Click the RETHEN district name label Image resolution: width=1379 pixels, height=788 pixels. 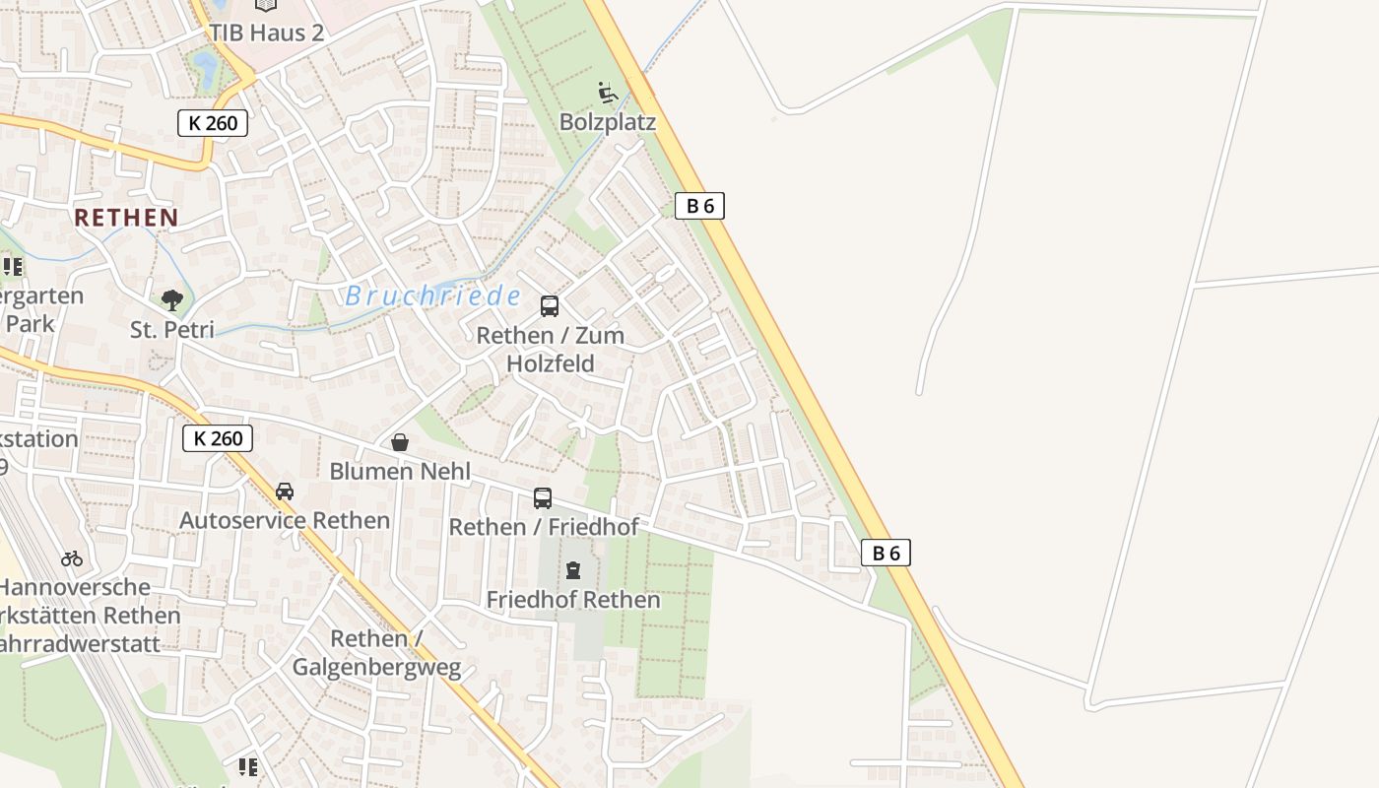click(127, 218)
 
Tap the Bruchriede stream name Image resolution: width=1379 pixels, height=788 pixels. click(433, 295)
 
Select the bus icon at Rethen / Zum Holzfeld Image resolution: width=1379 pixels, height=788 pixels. click(550, 306)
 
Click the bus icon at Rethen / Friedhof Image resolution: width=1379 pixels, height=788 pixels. click(543, 498)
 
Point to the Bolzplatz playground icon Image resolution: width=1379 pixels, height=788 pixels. click(608, 94)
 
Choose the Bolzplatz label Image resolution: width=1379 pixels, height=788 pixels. click(608, 122)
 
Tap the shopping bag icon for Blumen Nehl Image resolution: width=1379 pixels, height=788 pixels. click(400, 443)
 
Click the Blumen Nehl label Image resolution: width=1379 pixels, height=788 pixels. click(400, 471)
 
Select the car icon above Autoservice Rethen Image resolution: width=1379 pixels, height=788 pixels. click(285, 492)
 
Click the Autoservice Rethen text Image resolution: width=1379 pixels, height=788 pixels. click(285, 520)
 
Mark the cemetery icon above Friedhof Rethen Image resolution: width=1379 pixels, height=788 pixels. click(573, 570)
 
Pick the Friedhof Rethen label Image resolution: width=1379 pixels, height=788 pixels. click(573, 599)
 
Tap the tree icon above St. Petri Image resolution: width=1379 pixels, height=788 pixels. click(172, 300)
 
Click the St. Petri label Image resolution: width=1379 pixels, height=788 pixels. click(172, 329)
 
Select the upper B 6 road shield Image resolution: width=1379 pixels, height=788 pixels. click(699, 206)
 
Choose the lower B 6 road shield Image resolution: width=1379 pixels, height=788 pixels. click(886, 553)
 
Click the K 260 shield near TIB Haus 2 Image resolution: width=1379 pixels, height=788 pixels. click(213, 123)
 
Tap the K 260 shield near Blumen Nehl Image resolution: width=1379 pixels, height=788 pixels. click(218, 438)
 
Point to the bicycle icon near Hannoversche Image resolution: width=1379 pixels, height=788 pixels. click(72, 558)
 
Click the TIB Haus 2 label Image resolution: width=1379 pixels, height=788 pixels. click(266, 33)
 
